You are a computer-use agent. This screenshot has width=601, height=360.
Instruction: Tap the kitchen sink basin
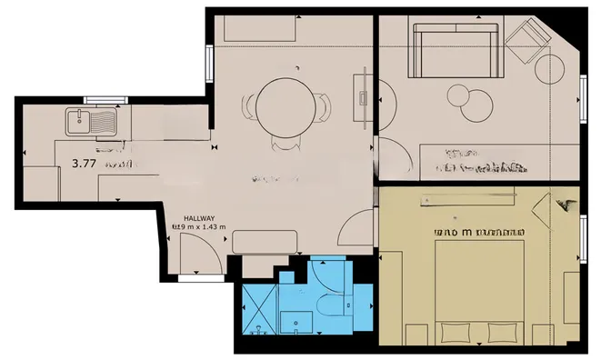[x=79, y=119]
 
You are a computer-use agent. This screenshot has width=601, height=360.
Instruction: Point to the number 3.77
[x=85, y=165]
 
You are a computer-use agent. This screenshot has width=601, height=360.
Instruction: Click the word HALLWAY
[x=198, y=218]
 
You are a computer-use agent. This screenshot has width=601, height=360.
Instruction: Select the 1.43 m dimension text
[x=211, y=227]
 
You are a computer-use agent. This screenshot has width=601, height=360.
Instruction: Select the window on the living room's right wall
[x=582, y=95]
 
